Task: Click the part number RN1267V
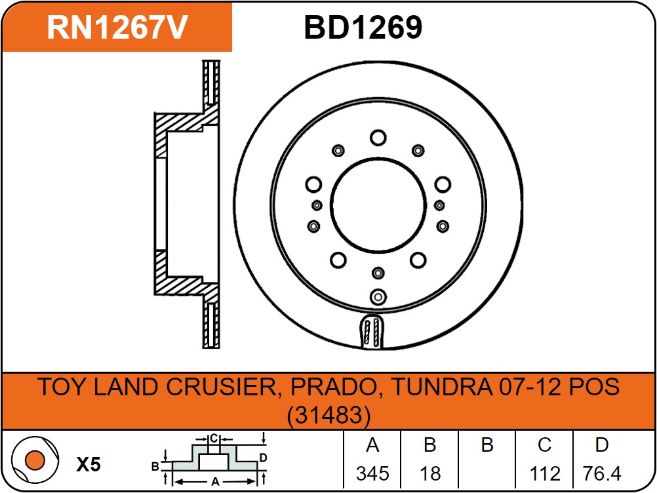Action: (x=117, y=27)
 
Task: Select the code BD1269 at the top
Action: (x=363, y=27)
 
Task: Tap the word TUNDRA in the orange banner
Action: (x=438, y=387)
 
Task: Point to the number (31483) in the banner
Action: (x=328, y=414)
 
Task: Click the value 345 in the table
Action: (x=372, y=473)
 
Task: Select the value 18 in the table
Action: (x=429, y=473)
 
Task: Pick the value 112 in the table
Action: (x=544, y=473)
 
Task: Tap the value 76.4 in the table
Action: (x=602, y=473)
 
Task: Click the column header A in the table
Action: (x=372, y=445)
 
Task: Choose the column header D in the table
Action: (x=602, y=445)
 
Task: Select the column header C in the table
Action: (x=544, y=445)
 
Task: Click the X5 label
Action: (x=89, y=465)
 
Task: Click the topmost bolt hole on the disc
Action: (x=377, y=138)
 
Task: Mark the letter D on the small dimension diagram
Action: (x=263, y=457)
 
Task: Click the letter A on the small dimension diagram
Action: (x=214, y=481)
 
